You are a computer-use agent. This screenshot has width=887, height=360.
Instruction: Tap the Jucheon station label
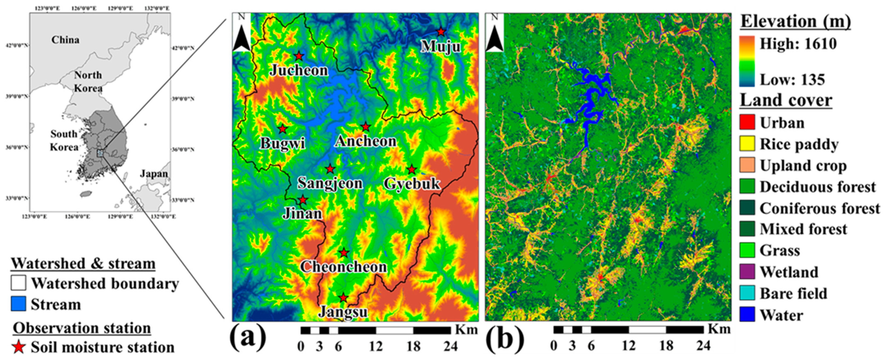click(298, 70)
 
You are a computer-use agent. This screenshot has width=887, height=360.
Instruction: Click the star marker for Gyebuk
click(412, 170)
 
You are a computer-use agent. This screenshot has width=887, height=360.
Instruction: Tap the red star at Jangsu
click(343, 298)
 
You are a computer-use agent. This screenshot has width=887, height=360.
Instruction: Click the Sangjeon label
click(330, 183)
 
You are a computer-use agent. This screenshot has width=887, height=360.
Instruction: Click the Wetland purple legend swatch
click(747, 272)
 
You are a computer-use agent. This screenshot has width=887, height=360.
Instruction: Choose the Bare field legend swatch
click(747, 293)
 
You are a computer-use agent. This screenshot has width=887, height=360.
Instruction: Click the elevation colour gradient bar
click(747, 61)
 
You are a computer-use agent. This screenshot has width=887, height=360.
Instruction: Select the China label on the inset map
click(65, 40)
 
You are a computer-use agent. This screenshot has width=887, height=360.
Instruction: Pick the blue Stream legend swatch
click(18, 304)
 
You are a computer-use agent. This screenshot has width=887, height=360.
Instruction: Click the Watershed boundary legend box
click(18, 283)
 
